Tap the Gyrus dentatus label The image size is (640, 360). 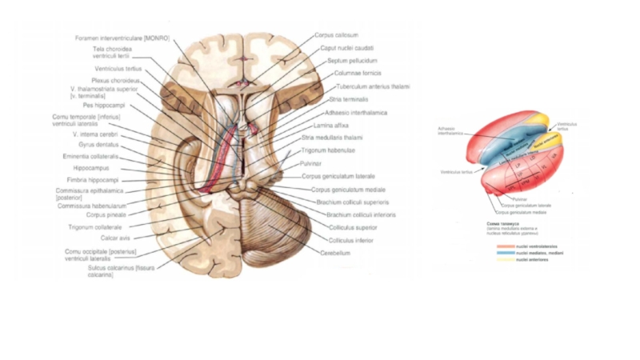point(98,145)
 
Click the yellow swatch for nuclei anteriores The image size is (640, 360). point(506,260)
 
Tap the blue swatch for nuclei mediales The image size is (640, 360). point(506,253)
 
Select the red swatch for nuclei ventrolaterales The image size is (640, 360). point(506,246)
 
